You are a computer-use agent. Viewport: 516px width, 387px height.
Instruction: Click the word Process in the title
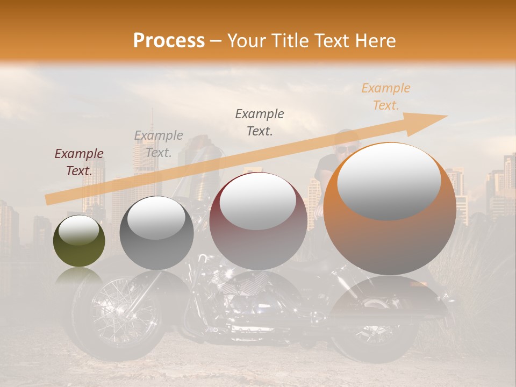pos(169,41)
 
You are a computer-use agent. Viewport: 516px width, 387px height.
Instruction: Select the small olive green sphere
pos(79,241)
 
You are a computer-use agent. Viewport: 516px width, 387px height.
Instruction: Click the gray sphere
pos(156,232)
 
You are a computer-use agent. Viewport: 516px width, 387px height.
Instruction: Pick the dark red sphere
pos(258,221)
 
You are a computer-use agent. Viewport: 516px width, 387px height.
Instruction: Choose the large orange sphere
pos(390,209)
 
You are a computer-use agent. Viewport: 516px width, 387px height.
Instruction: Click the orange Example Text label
pos(385,97)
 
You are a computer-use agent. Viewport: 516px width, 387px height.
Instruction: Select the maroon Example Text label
pos(79,162)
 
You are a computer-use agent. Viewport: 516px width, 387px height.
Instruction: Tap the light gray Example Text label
pos(159,144)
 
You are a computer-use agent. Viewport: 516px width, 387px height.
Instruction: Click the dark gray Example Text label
pos(260,122)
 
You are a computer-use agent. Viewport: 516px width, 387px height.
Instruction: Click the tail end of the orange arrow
pos(48,200)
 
